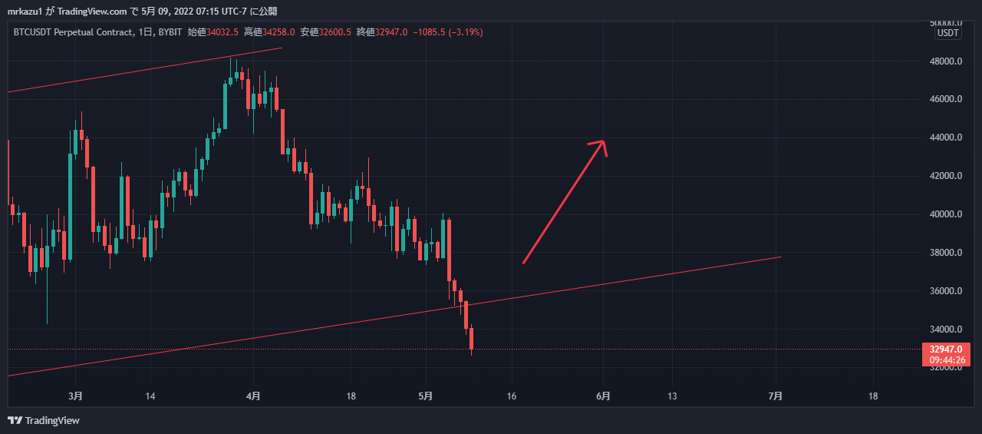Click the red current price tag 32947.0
tap(946, 350)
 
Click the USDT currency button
tap(948, 33)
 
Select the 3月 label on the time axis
tap(75, 396)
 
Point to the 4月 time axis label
tap(253, 396)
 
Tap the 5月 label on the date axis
tap(426, 396)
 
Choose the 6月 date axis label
tap(604, 396)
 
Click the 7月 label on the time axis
tap(776, 396)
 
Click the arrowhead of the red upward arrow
tap(603, 142)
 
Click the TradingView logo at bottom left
tap(44, 420)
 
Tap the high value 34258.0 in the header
tap(278, 31)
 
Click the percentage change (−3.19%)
tap(461, 31)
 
